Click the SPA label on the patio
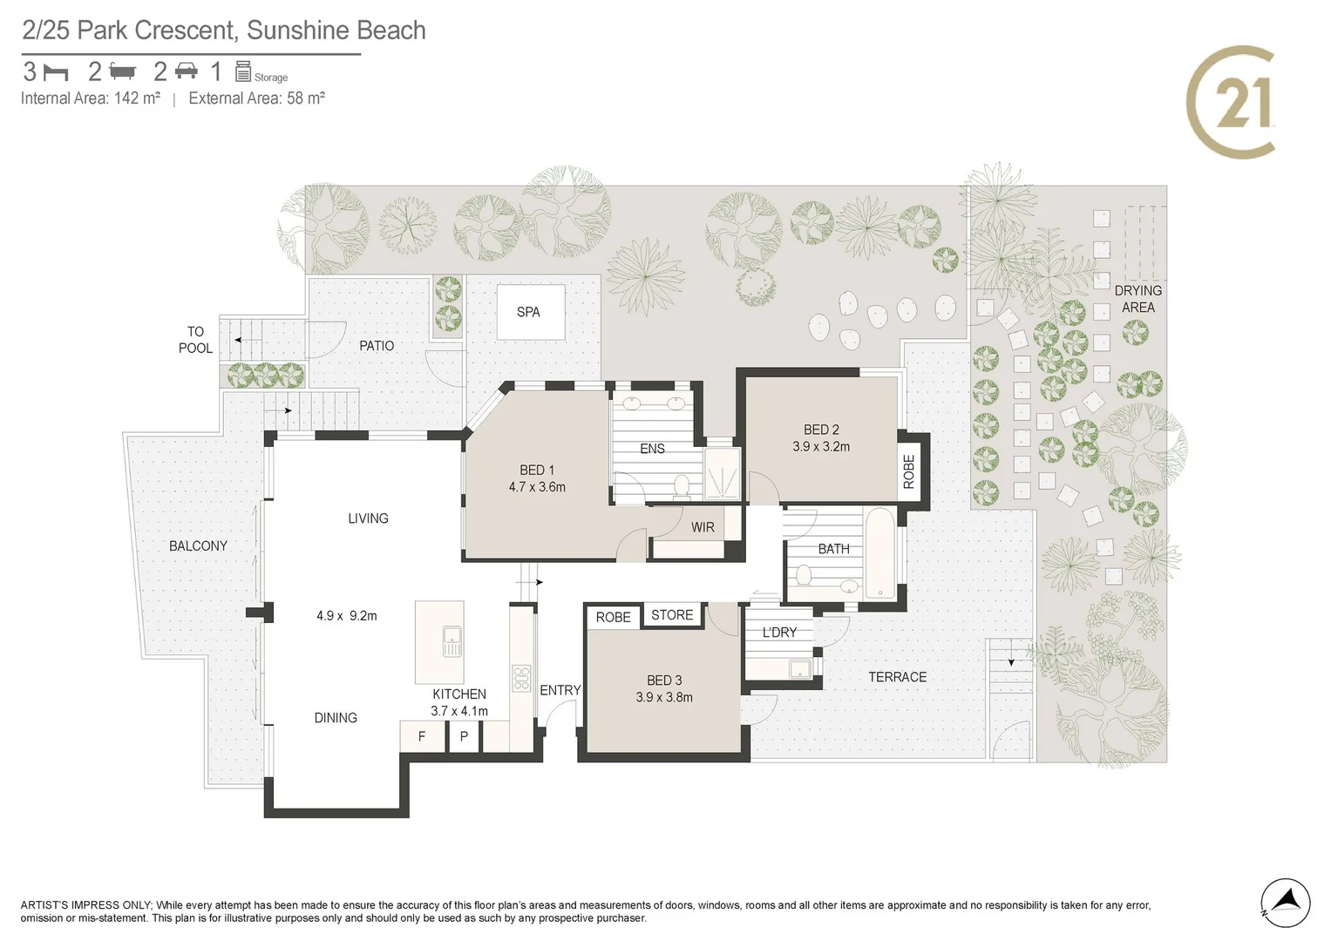(x=528, y=312)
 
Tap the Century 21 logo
(x=1231, y=102)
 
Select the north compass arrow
(x=1286, y=903)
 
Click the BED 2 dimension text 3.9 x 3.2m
(x=821, y=446)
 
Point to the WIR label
(x=703, y=527)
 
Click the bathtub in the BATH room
(x=880, y=552)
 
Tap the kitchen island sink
(x=452, y=641)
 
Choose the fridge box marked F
(x=423, y=736)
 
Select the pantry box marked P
(x=464, y=736)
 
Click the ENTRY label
(x=560, y=690)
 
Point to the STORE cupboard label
(x=672, y=615)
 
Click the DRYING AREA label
(x=1137, y=299)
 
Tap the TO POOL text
(x=195, y=340)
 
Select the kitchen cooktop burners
(x=521, y=679)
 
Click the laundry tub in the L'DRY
(x=800, y=669)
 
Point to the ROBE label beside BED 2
(x=908, y=471)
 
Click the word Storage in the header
(x=271, y=78)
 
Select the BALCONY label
(x=199, y=546)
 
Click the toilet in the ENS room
(x=682, y=485)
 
